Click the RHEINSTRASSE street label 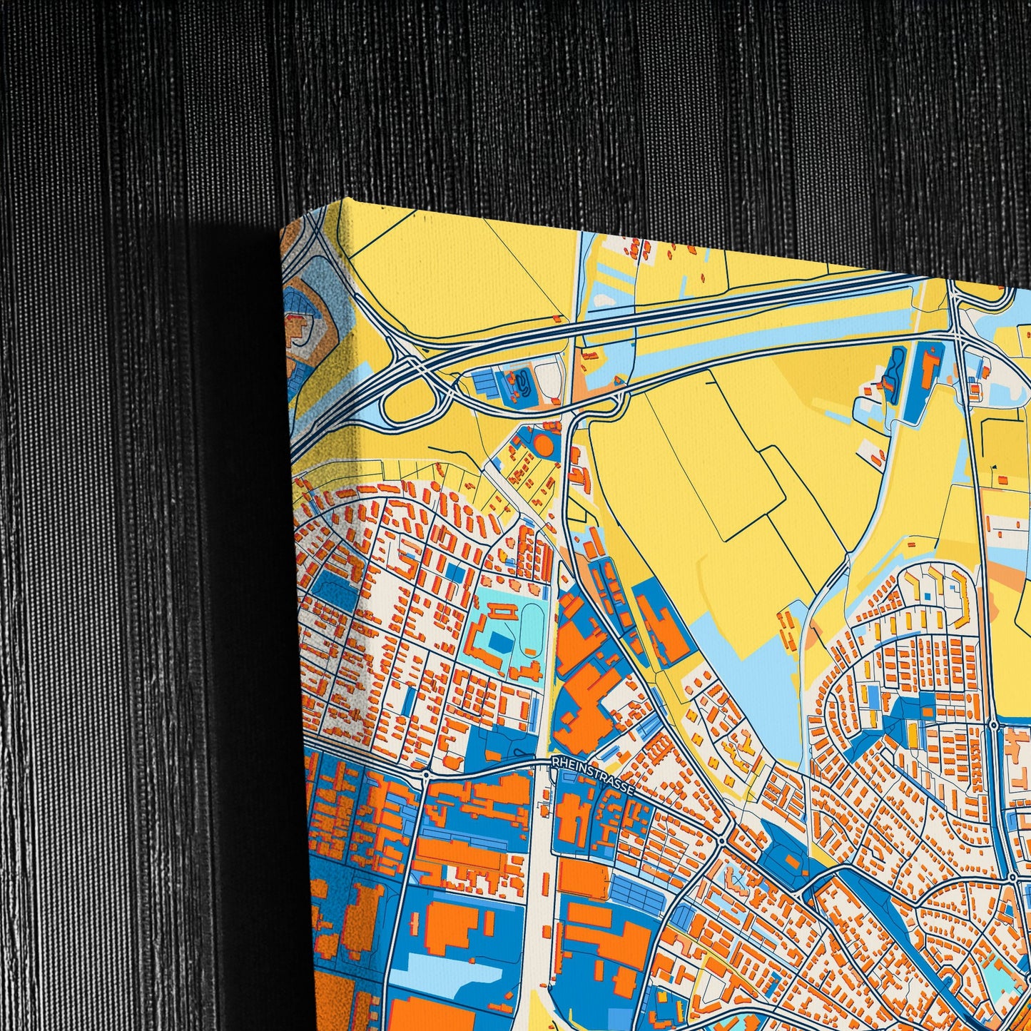(592, 773)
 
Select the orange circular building (544, 445)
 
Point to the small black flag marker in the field (994, 469)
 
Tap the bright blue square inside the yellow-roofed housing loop (927, 595)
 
